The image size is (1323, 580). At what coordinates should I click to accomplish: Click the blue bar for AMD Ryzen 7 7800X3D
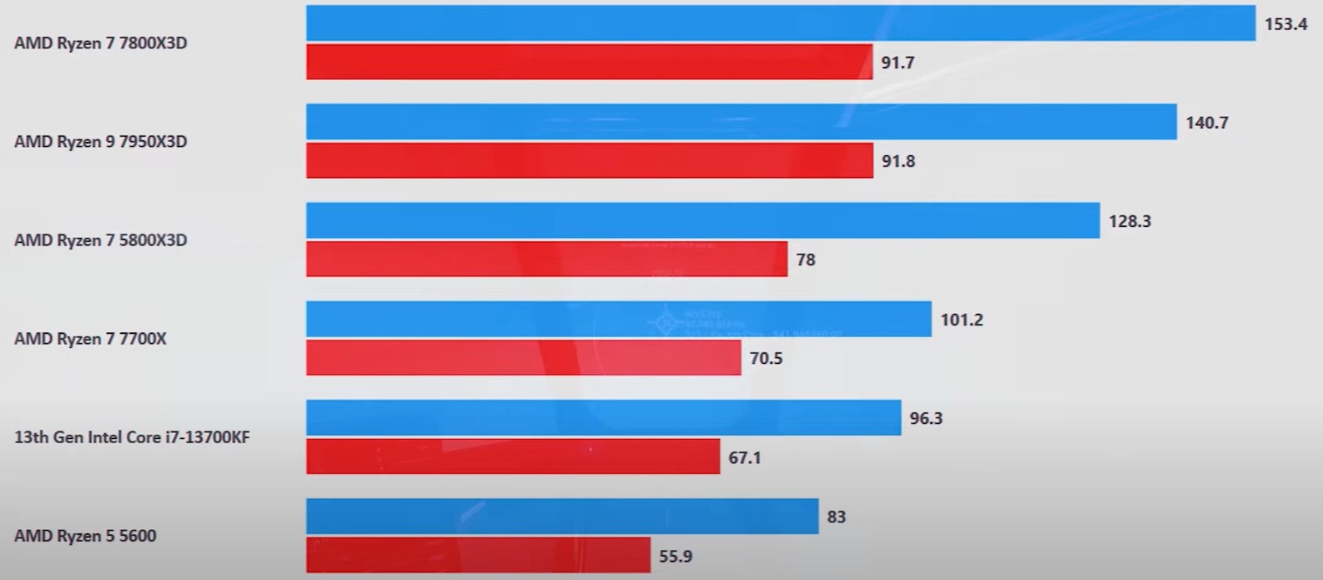tap(780, 23)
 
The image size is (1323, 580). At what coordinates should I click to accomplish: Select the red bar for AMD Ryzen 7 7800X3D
tap(589, 62)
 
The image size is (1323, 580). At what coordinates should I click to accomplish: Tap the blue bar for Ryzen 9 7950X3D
tap(741, 122)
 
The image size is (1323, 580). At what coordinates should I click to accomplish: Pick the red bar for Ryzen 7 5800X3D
tap(546, 259)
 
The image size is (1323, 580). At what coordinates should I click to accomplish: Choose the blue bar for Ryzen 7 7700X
tap(618, 319)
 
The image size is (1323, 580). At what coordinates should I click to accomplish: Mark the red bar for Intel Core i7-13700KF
tap(512, 456)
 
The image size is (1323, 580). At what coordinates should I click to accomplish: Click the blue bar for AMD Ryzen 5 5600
tap(561, 516)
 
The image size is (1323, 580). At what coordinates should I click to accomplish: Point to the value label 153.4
tap(1285, 24)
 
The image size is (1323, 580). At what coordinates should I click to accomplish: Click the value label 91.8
tap(898, 161)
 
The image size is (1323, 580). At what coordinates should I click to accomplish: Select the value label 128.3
tap(1129, 221)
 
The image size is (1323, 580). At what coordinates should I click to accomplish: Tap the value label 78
tap(805, 260)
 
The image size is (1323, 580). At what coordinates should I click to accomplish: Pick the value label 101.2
tap(962, 320)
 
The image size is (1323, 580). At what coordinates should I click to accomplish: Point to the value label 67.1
tap(745, 457)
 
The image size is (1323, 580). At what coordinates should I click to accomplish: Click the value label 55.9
tap(676, 556)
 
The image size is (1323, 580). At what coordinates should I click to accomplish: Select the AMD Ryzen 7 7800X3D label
tap(101, 43)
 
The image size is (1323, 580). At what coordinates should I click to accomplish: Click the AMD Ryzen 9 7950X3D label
tap(101, 141)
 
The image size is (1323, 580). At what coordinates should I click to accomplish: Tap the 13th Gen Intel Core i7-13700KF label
tap(132, 436)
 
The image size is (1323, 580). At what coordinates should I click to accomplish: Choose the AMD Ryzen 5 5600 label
tap(85, 535)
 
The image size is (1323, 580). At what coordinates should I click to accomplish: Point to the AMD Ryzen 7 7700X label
tap(90, 338)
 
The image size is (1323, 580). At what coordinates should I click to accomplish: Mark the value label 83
tap(836, 517)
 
